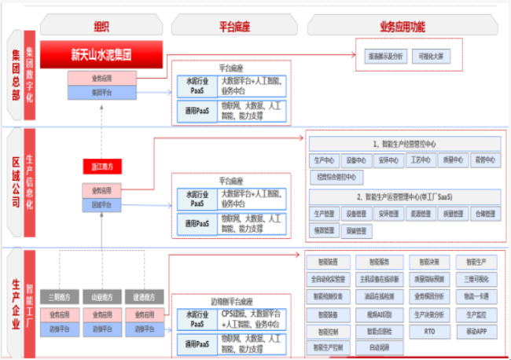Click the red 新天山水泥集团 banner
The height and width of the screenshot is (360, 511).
tap(101, 55)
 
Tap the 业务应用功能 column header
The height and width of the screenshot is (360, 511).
tap(402, 26)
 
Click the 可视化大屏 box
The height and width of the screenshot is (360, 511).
tap(430, 57)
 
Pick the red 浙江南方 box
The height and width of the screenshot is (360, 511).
tap(102, 167)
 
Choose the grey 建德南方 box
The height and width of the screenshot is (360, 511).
tap(143, 297)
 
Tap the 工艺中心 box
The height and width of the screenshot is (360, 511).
tap(421, 160)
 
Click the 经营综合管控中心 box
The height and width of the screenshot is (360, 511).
tap(336, 177)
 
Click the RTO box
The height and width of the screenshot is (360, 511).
tap(428, 332)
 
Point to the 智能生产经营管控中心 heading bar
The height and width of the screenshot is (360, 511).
tap(404, 144)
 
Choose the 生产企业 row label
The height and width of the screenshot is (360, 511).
tap(15, 302)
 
